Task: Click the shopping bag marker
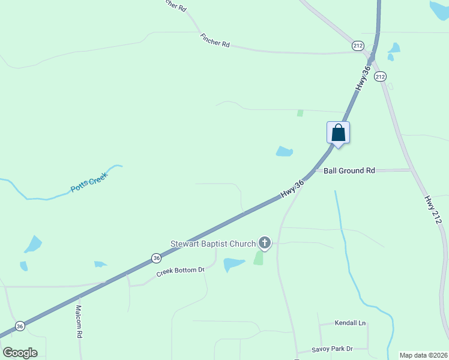pos(338,133)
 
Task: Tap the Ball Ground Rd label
pos(349,171)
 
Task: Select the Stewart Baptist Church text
pos(213,244)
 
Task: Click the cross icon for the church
pos(265,243)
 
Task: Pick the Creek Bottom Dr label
pos(181,271)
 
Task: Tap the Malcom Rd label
pos(79,322)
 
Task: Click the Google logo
pos(20,353)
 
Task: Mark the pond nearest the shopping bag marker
pos(284,151)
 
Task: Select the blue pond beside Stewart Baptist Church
pos(234,264)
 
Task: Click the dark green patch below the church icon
pos(259,258)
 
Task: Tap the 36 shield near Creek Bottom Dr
pos(156,258)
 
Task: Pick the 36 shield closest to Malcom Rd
pos(20,326)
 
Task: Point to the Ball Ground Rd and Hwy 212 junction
pos(412,170)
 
